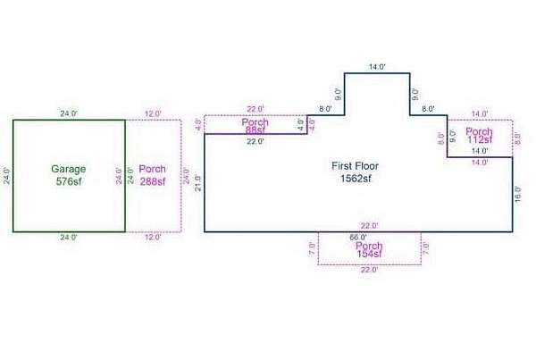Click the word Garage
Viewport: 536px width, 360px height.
tap(67, 169)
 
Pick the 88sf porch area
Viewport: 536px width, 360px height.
tap(255, 130)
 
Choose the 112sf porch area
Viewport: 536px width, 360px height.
tap(480, 139)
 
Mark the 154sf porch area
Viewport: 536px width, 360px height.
tap(370, 255)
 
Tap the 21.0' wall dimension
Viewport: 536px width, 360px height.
tap(198, 183)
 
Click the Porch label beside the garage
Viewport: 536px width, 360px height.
tap(152, 169)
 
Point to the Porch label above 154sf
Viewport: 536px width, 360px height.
tap(370, 246)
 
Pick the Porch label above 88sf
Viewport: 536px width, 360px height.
tap(255, 121)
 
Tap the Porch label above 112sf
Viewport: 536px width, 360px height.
tap(480, 130)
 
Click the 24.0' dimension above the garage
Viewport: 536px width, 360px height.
tap(68, 113)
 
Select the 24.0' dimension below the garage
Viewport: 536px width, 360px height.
tap(68, 238)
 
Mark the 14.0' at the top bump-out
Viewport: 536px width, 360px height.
tap(377, 66)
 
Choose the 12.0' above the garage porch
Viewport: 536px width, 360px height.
tap(153, 113)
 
